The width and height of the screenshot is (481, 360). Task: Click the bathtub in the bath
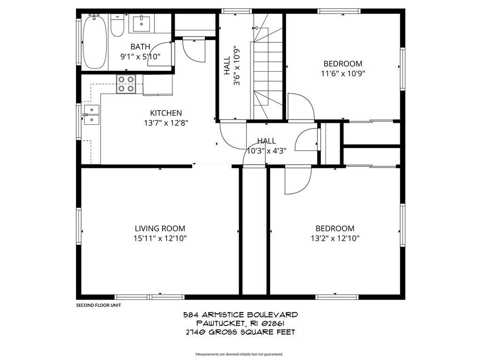(x=95, y=42)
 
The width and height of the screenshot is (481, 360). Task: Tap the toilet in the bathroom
(x=117, y=25)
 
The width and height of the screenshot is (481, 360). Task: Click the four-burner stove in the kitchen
(x=126, y=84)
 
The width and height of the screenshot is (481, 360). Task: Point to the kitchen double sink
(x=91, y=115)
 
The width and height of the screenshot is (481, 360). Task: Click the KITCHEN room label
(x=166, y=113)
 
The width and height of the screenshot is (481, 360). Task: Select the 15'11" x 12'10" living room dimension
(x=160, y=238)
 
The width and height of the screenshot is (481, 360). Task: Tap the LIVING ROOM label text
(x=160, y=228)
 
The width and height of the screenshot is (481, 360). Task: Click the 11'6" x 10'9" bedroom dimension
(x=343, y=74)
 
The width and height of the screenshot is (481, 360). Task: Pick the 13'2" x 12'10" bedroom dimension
(x=335, y=238)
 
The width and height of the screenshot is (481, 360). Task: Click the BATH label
(x=140, y=47)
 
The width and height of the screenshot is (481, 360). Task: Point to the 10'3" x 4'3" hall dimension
(x=267, y=151)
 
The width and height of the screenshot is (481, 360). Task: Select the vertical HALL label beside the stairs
(x=227, y=66)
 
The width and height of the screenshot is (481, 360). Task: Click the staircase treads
(x=268, y=74)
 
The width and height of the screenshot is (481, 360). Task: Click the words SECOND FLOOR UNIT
(x=99, y=305)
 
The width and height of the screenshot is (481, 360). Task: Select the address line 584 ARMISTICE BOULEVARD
(x=240, y=315)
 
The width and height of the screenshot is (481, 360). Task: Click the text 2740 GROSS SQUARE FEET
(x=240, y=332)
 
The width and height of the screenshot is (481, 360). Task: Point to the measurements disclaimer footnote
(x=239, y=354)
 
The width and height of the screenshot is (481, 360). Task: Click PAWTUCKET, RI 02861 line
(x=240, y=323)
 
